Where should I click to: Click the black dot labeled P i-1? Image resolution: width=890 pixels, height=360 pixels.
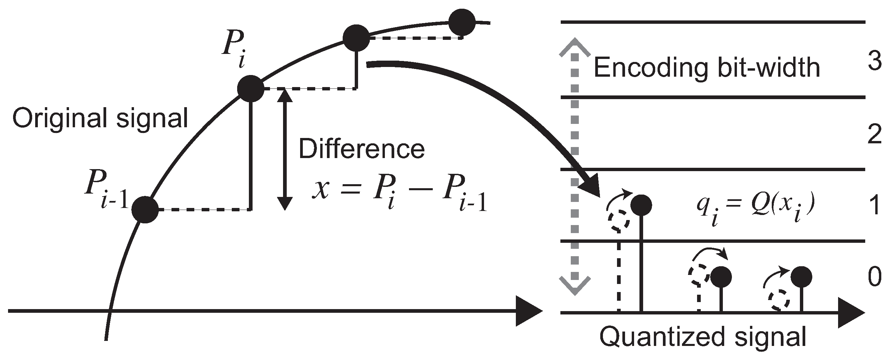pyautogui.click(x=145, y=209)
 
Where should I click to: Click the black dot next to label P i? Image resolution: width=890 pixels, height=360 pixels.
pyautogui.click(x=251, y=89)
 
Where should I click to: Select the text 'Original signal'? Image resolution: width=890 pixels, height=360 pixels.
pyautogui.click(x=100, y=118)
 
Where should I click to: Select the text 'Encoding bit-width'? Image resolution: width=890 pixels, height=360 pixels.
pyautogui.click(x=706, y=68)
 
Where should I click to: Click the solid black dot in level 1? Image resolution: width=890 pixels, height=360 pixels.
pyautogui.click(x=641, y=205)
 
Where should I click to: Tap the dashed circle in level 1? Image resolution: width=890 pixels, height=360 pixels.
pyautogui.click(x=618, y=220)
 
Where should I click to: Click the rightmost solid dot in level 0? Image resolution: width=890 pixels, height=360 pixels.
pyautogui.click(x=801, y=277)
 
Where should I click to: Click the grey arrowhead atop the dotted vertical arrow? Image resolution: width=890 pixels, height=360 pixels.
pyautogui.click(x=574, y=47)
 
